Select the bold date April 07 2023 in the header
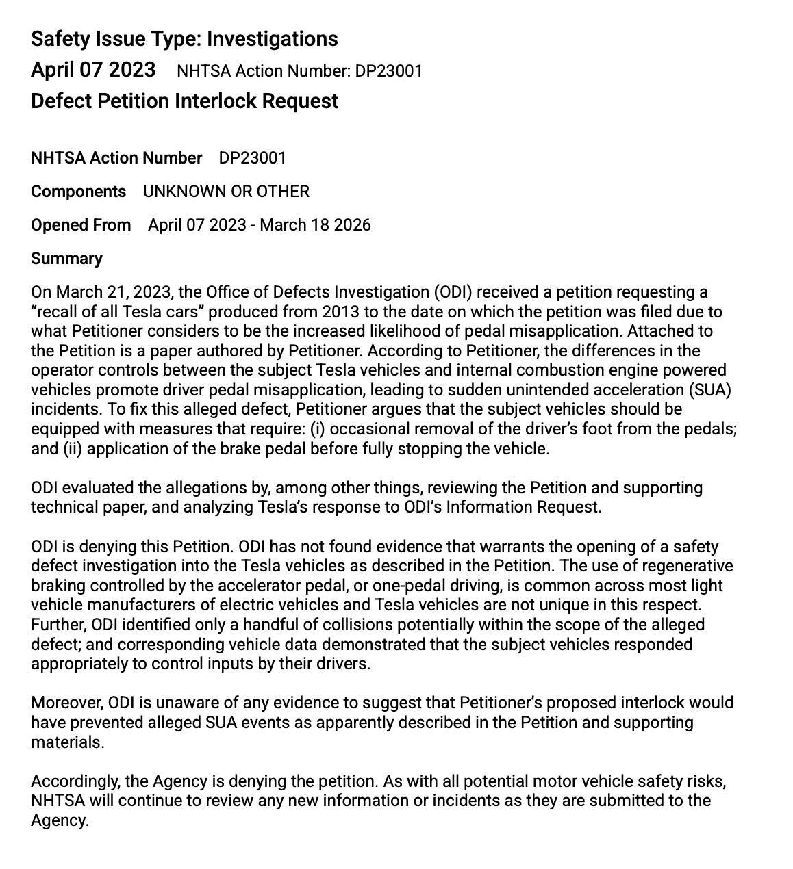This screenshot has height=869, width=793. point(93,70)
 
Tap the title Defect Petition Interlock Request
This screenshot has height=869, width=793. point(184,101)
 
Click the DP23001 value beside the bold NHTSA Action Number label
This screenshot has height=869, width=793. point(253,158)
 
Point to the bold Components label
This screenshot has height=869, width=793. point(78,192)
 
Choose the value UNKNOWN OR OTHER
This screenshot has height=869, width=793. point(226,192)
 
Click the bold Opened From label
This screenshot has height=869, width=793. point(81,225)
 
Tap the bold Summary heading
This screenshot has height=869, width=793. point(66,259)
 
